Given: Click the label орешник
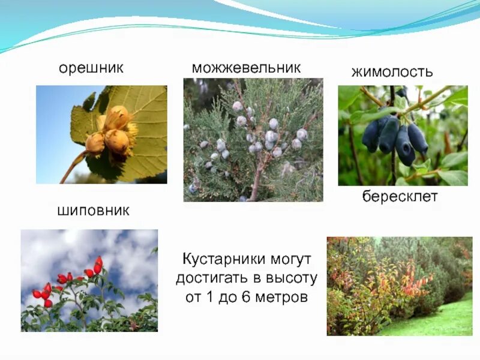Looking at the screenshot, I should click(91, 68).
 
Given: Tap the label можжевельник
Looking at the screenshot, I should click(246, 68).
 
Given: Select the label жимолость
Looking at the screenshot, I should click(392, 73).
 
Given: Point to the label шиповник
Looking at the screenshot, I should click(93, 211).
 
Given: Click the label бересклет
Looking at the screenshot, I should click(400, 197).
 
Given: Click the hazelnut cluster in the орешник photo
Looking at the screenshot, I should click(111, 132).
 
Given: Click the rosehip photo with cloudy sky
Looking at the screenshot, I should click(89, 280).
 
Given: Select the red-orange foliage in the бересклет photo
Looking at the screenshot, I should click(414, 282).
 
